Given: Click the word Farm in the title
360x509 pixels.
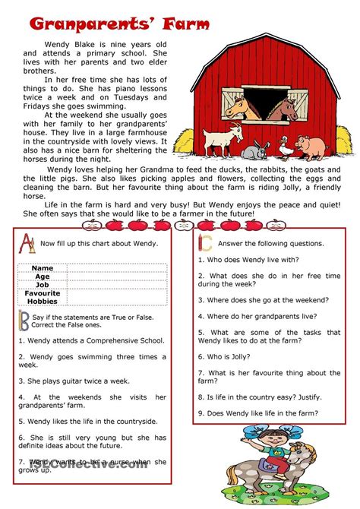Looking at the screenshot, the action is click(x=178, y=24).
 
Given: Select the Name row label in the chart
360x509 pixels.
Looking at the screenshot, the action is click(x=43, y=268).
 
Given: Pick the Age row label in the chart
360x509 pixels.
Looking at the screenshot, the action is click(x=43, y=277).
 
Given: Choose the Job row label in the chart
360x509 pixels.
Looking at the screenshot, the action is click(x=43, y=285).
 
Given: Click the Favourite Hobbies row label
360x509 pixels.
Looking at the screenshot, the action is click(x=43, y=297).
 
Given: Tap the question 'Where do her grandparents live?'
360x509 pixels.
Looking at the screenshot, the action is click(x=257, y=315).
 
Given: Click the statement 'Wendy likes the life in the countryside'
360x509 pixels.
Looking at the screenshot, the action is click(x=87, y=421).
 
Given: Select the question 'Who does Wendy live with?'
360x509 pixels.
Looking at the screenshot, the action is click(x=251, y=259).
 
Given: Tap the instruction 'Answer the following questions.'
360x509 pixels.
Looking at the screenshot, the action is click(x=271, y=243).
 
